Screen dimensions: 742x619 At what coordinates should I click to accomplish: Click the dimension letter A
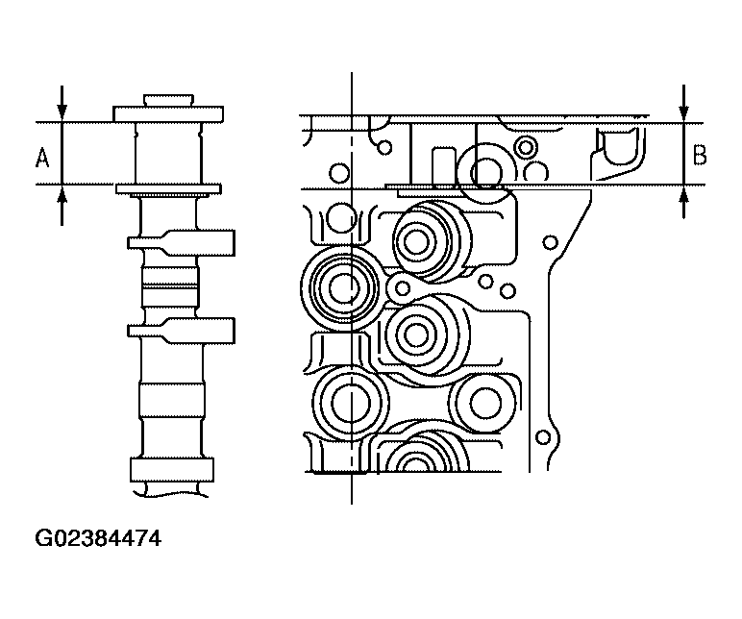(x=42, y=158)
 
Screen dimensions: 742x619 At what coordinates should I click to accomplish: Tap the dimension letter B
(x=700, y=156)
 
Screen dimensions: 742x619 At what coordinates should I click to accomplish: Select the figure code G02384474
(x=98, y=538)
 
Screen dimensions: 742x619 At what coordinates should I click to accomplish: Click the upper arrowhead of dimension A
(x=62, y=111)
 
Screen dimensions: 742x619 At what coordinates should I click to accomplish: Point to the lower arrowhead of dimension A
(x=62, y=195)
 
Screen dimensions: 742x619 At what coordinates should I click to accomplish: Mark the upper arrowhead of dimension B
(x=683, y=112)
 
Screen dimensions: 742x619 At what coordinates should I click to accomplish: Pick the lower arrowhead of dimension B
(x=683, y=195)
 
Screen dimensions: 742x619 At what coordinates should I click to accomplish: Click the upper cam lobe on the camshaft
(x=182, y=243)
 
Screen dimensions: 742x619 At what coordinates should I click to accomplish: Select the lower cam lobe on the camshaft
(x=182, y=331)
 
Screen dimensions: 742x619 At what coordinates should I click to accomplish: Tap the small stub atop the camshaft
(x=168, y=100)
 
